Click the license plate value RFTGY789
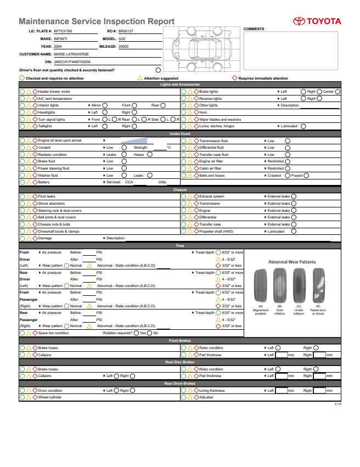click(x=63, y=31)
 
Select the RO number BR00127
click(x=126, y=31)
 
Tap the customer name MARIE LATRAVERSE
click(x=71, y=54)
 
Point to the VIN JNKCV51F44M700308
click(x=72, y=62)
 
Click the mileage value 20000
click(x=123, y=47)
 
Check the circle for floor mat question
click(x=158, y=70)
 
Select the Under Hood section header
click(x=180, y=133)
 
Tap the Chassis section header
click(x=180, y=190)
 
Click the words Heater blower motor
click(x=54, y=92)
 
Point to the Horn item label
click(x=203, y=112)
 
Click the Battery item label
click(x=44, y=182)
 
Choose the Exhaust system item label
click(x=211, y=196)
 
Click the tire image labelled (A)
click(x=261, y=285)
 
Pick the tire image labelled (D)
click(x=318, y=285)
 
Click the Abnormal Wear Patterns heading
click(x=292, y=262)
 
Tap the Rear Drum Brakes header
click(x=180, y=384)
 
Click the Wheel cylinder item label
click(x=50, y=397)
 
